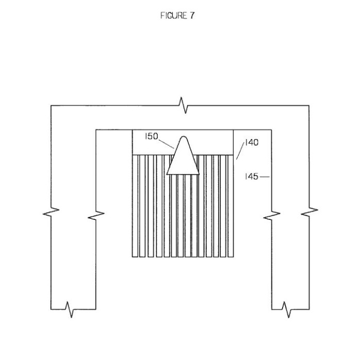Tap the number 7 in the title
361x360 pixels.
[192, 15]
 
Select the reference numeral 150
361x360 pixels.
[152, 136]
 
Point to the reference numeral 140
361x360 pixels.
[252, 143]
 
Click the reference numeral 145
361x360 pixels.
[252, 177]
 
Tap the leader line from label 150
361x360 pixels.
[166, 144]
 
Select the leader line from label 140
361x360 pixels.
[240, 151]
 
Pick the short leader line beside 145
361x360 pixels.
[265, 177]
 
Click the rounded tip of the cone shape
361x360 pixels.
[183, 136]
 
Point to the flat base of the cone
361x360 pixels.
[183, 174]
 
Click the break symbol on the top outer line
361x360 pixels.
[184, 105]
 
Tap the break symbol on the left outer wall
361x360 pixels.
[51, 212]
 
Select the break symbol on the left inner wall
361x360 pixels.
[96, 215]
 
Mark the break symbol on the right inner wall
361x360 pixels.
[272, 215]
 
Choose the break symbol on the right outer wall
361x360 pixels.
[309, 212]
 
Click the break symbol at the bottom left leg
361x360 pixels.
[70, 310]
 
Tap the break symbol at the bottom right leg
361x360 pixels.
[287, 310]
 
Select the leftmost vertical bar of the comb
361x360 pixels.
[135, 206]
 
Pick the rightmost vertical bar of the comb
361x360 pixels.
[231, 206]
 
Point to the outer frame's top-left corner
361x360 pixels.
[51, 106]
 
